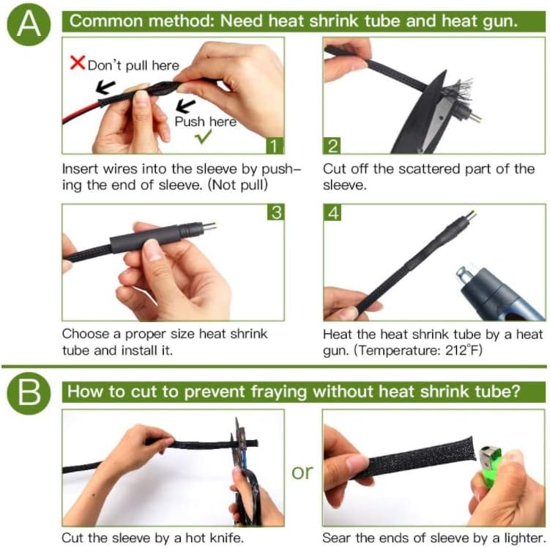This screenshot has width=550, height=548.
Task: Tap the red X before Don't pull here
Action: pyautogui.click(x=77, y=63)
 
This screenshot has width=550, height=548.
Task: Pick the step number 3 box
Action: pyautogui.click(x=275, y=213)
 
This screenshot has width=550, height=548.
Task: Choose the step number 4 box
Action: pyautogui.click(x=332, y=213)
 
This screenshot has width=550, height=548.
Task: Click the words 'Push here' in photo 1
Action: pyautogui.click(x=205, y=121)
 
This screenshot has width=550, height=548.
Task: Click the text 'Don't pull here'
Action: pyautogui.click(x=133, y=65)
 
